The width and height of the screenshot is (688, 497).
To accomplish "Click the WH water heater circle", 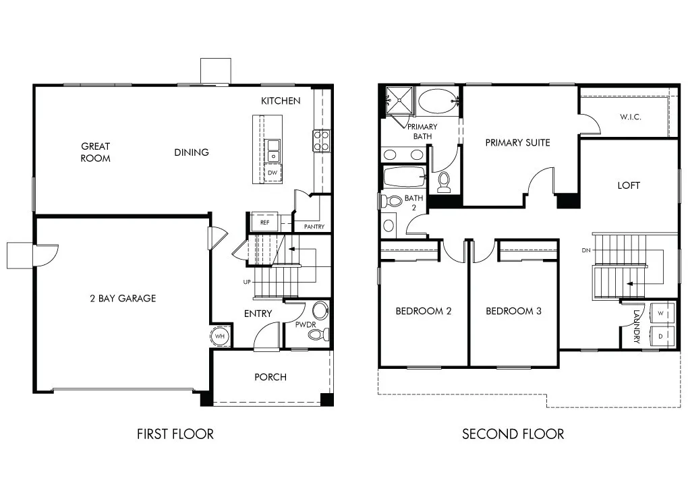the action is (219, 337).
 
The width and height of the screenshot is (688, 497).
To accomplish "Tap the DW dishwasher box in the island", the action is (273, 173).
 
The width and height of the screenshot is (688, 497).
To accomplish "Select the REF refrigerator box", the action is (264, 222).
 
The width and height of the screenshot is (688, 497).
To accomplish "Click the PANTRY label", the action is (314, 227).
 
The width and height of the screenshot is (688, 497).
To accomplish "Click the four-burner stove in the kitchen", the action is (321, 141).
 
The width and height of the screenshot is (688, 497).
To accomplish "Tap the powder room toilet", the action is (318, 335).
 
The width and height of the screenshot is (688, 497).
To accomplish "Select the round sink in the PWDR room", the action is (320, 310).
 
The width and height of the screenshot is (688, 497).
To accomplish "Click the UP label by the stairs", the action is (247, 282).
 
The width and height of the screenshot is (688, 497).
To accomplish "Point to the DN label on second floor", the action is (586, 250).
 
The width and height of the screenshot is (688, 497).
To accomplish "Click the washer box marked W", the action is (660, 314).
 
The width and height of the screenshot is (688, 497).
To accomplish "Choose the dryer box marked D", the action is (660, 337).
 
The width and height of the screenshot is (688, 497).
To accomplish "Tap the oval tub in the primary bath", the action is (437, 101).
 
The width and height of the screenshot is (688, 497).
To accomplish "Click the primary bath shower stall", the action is (399, 100).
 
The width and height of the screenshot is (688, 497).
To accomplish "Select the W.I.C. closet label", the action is (630, 117).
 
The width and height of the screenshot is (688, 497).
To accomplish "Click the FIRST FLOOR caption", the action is (175, 434).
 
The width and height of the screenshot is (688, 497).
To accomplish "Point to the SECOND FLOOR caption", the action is (513, 434).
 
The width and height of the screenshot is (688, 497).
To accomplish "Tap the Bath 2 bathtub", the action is (405, 177).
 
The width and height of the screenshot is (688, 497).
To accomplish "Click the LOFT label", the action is (629, 185).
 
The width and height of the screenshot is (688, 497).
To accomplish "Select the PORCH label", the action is (270, 377).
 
